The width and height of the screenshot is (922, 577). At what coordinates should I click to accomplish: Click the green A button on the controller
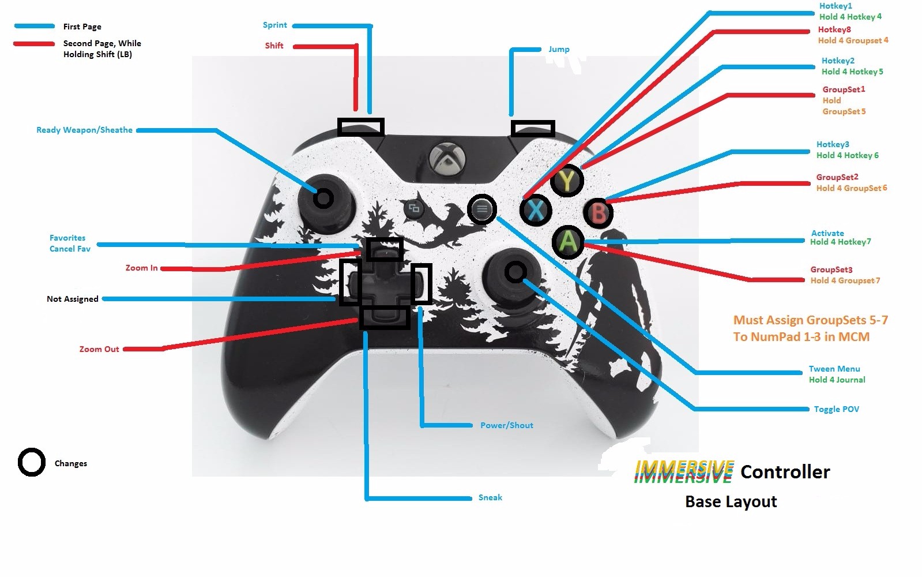click(x=568, y=241)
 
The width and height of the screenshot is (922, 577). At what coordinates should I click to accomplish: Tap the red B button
click(x=598, y=213)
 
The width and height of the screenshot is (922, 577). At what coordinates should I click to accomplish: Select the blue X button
click(x=536, y=210)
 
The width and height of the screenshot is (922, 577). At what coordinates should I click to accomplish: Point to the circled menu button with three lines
click(x=482, y=209)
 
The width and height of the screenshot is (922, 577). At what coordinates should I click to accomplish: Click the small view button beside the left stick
click(x=414, y=208)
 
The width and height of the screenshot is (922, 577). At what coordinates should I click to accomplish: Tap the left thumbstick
click(x=323, y=199)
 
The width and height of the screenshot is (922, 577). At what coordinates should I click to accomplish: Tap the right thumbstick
click(x=515, y=272)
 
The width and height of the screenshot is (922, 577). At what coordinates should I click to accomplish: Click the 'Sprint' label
click(x=274, y=25)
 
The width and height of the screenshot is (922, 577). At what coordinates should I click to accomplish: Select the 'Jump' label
click(x=559, y=50)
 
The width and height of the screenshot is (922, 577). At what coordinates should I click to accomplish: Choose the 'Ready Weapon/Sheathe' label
click(x=84, y=130)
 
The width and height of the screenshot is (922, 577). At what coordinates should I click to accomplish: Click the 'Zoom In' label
click(x=141, y=268)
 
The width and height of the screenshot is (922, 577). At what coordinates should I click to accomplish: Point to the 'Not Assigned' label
click(x=72, y=299)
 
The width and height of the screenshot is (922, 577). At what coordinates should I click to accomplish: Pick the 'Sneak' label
click(x=490, y=498)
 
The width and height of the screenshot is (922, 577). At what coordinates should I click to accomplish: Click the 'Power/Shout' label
click(x=506, y=426)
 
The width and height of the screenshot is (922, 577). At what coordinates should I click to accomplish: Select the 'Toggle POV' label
click(x=836, y=410)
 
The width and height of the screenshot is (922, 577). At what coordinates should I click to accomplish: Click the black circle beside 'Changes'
click(x=31, y=463)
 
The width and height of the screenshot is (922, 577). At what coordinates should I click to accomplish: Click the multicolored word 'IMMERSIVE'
click(x=683, y=472)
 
